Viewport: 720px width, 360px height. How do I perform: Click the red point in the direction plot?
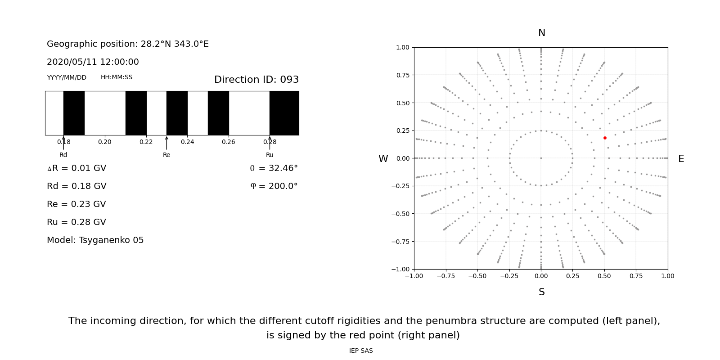605,138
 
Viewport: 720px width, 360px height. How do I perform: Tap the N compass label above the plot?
541,33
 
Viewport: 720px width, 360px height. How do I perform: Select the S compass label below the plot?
541,292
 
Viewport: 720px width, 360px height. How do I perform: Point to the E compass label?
681,159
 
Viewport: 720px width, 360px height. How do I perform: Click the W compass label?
383,159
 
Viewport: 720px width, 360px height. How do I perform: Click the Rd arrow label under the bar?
63,155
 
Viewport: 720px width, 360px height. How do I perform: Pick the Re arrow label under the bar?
166,155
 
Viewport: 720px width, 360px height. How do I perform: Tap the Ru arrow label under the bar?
270,155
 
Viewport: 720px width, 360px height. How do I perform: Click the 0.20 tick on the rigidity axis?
105,142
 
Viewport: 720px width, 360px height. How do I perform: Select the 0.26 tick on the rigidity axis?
229,142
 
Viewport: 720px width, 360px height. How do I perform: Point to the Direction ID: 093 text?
256,80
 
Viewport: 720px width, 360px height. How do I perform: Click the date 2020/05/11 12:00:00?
93,62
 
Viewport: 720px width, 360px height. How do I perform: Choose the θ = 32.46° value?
274,168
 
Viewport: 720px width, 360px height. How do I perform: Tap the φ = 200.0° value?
274,186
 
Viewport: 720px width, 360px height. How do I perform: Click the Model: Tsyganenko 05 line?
95,240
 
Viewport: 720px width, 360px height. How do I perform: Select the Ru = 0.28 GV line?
76,222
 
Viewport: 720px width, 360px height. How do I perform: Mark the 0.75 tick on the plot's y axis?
402,75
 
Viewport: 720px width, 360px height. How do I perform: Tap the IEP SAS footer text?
361,351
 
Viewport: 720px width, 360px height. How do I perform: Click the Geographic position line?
128,44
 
